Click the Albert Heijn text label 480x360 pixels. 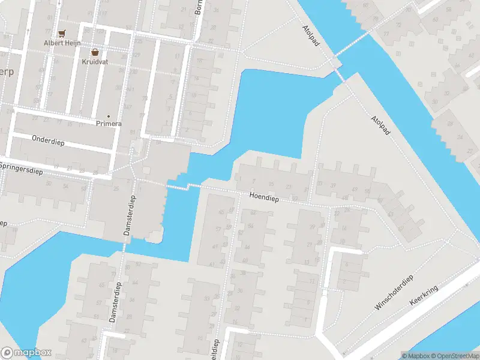[61, 43]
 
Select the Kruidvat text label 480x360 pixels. [95, 61]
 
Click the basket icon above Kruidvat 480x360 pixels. [95, 52]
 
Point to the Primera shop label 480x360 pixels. [109, 124]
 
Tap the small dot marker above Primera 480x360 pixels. [109, 116]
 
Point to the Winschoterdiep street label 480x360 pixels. [394, 293]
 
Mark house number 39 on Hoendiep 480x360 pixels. [332, 184]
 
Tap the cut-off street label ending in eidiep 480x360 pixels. [214, 349]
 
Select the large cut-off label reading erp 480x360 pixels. [7, 72]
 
